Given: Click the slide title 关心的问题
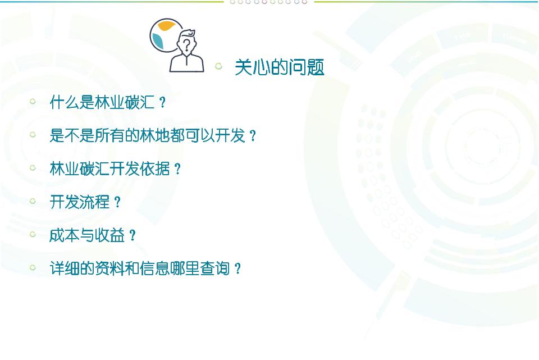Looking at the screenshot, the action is pos(280,67).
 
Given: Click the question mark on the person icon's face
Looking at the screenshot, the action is pos(186,45).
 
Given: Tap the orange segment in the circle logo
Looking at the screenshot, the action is pos(166,25).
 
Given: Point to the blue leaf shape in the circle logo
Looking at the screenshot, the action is pos(158,41).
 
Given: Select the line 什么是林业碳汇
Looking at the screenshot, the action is pos(102,102).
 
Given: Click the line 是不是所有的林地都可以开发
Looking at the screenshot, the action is pos(147,135).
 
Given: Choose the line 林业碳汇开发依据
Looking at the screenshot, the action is pos(109,168).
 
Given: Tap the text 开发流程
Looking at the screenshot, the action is pos(80,202).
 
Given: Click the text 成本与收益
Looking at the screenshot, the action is pos(87,235).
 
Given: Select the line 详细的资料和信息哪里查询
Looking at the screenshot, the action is pos(140,268).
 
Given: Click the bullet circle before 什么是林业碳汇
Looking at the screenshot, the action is pos(33,101).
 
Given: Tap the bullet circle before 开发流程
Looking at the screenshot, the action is pos(33,201).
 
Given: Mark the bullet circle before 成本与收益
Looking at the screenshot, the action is pos(33,234).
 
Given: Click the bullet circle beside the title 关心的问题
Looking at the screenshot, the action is pos(218,66).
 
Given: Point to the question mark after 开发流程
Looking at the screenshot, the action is pos(117,202).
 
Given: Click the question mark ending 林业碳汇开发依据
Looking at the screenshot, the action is pos(177,169).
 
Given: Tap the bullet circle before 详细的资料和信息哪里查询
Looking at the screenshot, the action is pos(33,267).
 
